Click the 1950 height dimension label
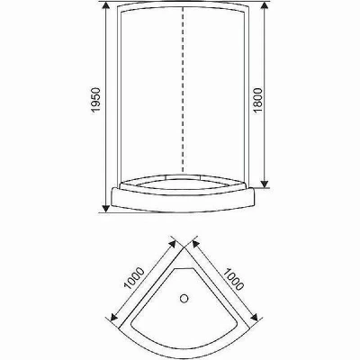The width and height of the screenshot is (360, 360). point(94,100)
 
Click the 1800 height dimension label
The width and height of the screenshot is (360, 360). point(257,100)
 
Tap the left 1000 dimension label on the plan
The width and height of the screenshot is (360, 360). point(134,278)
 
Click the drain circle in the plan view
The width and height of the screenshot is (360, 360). point(184,299)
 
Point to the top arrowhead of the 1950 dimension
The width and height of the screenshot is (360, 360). point(105,5)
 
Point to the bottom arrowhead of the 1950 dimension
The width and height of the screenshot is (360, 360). point(105,209)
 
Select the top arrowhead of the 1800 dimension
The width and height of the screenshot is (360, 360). point(264,5)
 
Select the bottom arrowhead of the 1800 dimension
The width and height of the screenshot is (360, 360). point(264,184)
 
